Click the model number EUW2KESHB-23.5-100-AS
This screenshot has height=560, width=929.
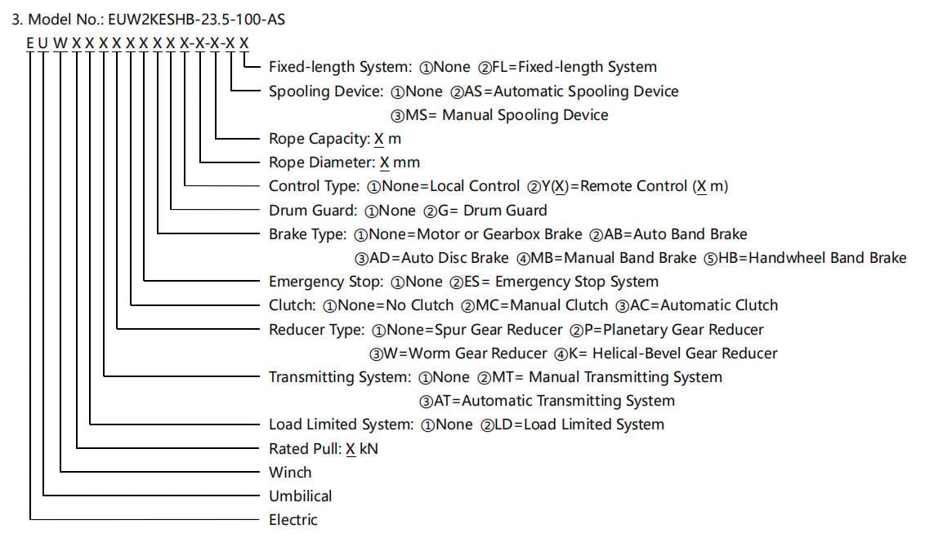(196, 20)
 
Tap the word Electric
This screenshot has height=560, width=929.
(293, 520)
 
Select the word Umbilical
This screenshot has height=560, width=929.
(301, 496)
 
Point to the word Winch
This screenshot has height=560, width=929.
(290, 473)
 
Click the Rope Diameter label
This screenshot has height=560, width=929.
(322, 162)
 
